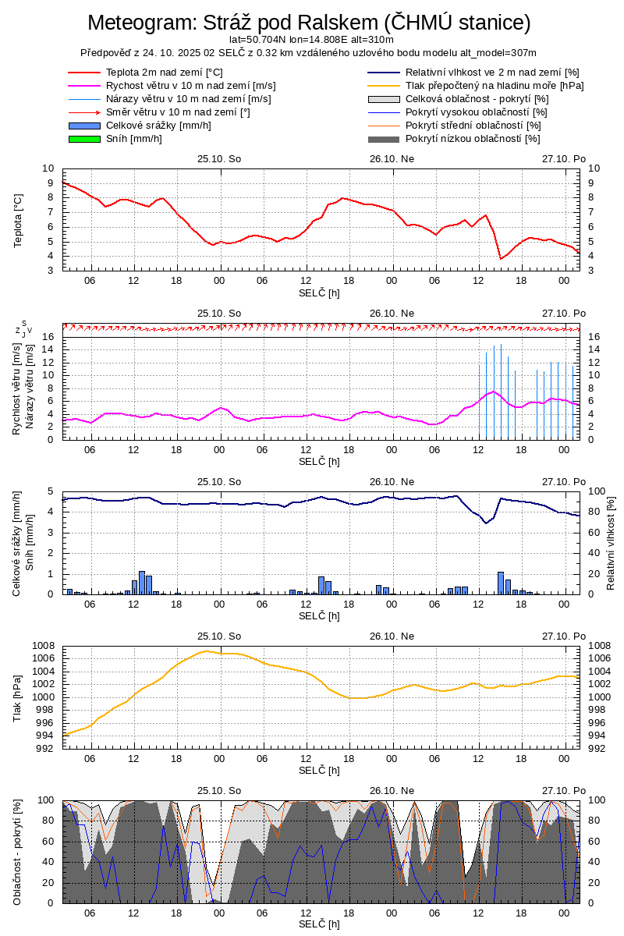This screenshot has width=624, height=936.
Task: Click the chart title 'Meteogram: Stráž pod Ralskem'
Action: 309,23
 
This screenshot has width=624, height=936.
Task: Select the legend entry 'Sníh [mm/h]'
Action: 134,139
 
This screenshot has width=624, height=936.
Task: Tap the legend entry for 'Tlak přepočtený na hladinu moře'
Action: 495,86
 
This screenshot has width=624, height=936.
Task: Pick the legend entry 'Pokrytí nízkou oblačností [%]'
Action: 473,139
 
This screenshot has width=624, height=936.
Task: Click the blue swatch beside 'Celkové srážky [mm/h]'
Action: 85,126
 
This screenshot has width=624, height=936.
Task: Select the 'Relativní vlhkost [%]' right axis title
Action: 611,542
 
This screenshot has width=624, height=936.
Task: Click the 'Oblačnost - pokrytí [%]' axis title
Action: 18,852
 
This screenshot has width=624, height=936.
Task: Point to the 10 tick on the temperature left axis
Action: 48,168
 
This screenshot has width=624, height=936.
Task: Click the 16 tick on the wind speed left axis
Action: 48,337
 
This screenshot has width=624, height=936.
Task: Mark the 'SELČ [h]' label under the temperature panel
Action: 319,292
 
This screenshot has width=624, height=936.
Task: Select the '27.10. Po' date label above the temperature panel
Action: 564,158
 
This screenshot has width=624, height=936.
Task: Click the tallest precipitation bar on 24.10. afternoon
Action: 142,582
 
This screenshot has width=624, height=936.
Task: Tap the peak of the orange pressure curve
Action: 206,651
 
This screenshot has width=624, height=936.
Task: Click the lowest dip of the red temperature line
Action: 501,258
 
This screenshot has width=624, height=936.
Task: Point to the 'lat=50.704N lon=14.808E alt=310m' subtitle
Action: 310,39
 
